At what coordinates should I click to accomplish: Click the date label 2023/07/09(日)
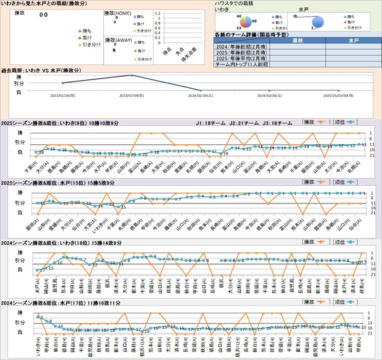point(131,95)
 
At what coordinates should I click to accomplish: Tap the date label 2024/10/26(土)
point(269,95)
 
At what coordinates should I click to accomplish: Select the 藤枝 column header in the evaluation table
point(297,40)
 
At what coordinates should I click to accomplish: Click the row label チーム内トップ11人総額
point(241,64)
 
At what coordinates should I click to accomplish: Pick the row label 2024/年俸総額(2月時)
point(241,46)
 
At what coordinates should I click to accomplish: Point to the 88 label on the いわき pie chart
point(254,21)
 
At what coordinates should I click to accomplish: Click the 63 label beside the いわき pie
point(239,28)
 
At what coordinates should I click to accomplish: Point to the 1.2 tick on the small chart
point(157,13)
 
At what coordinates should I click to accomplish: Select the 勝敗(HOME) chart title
point(118,13)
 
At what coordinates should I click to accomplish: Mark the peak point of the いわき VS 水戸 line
point(131,75)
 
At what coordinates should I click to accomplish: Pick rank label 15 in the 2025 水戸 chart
point(123,207)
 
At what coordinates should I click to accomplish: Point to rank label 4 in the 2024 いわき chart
point(155,256)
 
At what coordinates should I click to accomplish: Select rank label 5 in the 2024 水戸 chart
point(41,317)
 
